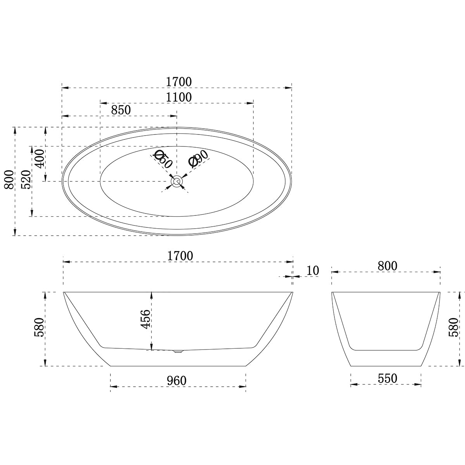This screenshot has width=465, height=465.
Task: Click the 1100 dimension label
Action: click(179, 97)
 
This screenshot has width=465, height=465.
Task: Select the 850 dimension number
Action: click(121, 110)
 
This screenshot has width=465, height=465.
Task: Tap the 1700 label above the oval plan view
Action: click(179, 82)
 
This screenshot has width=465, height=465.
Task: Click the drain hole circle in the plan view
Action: click(177, 181)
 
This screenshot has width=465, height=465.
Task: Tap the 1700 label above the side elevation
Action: click(180, 256)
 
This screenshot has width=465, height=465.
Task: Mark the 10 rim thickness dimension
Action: click(312, 270)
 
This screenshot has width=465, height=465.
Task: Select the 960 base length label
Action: click(177, 381)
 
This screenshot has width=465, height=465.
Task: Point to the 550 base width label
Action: click(387, 378)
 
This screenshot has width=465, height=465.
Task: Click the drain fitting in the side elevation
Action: click(177, 351)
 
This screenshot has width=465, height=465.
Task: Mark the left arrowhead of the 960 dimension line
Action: click(113, 386)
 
